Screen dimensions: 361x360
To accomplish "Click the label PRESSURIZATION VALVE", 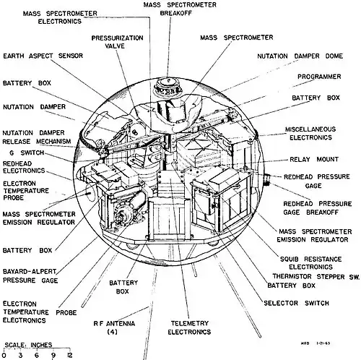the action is [x=117, y=42].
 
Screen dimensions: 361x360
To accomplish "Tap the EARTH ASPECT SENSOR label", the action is [x=43, y=56].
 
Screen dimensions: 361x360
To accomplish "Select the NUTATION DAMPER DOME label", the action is [x=300, y=56].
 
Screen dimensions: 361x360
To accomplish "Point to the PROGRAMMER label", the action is [x=319, y=77].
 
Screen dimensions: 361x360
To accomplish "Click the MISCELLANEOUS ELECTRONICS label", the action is [x=310, y=133].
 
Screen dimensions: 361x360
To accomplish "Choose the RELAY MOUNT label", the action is [x=314, y=159].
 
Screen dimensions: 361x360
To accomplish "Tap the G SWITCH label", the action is [x=27, y=153].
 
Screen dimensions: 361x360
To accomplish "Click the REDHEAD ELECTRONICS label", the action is [x=24, y=167].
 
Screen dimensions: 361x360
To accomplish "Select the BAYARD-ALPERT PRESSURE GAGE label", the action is [x=30, y=276].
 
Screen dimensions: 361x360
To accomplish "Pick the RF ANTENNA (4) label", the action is [x=114, y=327].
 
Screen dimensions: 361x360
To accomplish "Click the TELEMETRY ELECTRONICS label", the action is [x=189, y=327].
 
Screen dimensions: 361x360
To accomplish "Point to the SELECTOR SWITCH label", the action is [x=296, y=303].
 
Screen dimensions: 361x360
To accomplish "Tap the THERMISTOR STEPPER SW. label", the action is [x=316, y=277].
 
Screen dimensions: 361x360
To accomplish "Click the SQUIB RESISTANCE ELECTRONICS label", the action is [x=310, y=263].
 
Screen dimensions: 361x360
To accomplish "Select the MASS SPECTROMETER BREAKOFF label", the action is [x=180, y=9].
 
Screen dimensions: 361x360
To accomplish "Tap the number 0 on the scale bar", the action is [x=4, y=355].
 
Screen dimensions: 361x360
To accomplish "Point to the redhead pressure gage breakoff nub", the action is [x=266, y=180].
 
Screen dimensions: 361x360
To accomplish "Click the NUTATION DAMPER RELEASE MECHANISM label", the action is [x=37, y=137].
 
